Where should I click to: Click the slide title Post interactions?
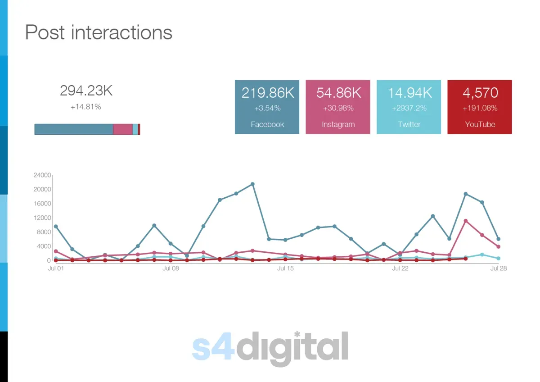99,32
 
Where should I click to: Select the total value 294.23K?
86,91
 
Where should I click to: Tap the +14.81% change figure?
86,107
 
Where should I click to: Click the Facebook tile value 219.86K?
267,93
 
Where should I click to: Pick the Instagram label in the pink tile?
338,125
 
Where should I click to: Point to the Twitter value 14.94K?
409,93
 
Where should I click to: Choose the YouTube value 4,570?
480,93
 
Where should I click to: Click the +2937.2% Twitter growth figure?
409,108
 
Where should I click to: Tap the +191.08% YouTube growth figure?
480,108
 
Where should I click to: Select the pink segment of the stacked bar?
123,129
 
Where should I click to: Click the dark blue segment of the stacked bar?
74,129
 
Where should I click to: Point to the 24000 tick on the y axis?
42,175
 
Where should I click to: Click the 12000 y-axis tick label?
42,218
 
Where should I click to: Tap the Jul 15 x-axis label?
285,268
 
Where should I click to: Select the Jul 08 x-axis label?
171,268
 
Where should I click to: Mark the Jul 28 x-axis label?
498,268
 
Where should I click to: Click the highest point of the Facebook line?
252,184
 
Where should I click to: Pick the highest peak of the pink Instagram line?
466,221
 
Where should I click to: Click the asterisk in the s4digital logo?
297,334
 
